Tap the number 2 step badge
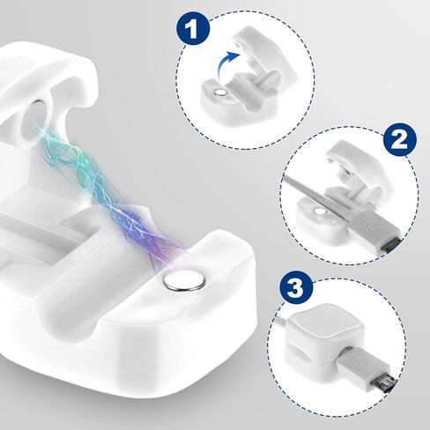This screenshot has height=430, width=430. click(x=400, y=141)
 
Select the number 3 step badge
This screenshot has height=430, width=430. click(x=297, y=289)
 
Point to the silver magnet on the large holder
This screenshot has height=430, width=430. click(x=185, y=281)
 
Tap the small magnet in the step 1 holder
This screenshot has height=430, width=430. click(x=220, y=93)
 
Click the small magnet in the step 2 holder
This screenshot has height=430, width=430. click(x=320, y=211)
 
